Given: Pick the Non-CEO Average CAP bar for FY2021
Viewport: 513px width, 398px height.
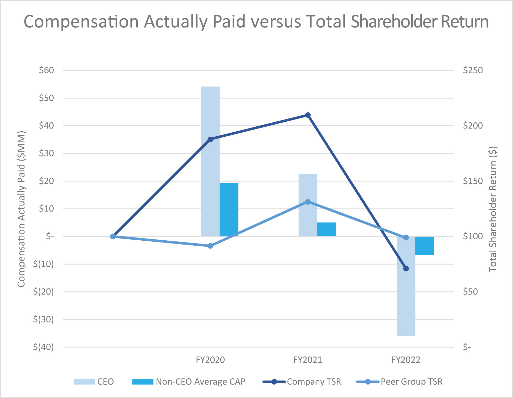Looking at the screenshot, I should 326,229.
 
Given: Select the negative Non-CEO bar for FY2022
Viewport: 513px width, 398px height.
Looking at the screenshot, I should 424,246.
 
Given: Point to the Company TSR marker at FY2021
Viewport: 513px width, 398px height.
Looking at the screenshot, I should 308,115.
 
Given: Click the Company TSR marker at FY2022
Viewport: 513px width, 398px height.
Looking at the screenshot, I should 406,268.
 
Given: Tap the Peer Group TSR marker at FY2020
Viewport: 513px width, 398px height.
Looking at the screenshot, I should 210,246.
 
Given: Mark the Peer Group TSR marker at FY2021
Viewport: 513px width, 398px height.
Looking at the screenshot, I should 308,202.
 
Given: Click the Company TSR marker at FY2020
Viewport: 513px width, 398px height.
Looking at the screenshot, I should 210,139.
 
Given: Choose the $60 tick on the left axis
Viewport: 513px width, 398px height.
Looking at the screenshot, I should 46,70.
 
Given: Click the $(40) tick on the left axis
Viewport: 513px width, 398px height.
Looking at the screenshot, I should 43,347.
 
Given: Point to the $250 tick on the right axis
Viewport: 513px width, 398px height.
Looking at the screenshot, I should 473,70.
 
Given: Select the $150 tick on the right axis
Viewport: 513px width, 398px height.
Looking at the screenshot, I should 473,181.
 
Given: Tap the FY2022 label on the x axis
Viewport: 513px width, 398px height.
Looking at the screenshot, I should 406,360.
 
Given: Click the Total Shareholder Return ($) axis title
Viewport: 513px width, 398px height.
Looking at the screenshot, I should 493,209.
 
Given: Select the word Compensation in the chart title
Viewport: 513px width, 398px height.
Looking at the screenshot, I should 81,22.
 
